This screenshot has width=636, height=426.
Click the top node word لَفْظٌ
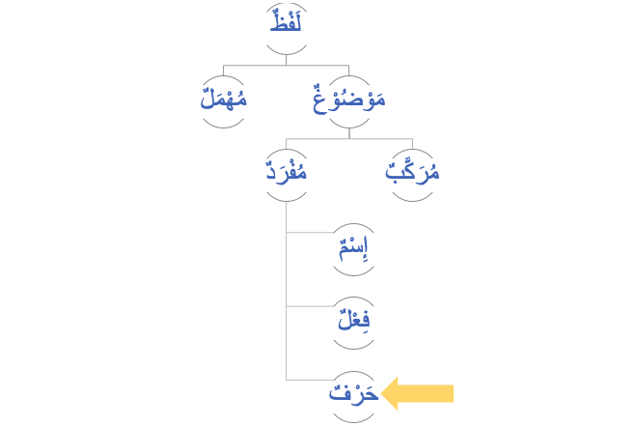[x=287, y=20]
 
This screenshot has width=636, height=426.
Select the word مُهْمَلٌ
[x=223, y=99]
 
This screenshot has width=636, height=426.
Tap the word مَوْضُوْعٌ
[x=348, y=99]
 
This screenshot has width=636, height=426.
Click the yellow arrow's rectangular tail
[x=429, y=393]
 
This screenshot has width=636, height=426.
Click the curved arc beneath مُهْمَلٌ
[x=224, y=125]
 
